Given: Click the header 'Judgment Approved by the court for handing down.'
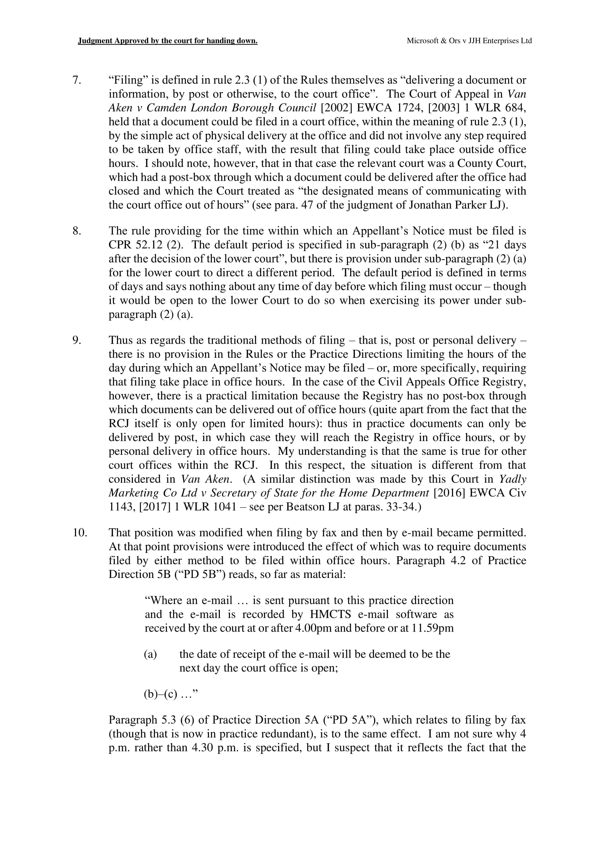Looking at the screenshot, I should click(x=167, y=41).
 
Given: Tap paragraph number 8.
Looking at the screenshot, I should click(x=76, y=231).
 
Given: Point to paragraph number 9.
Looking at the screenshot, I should click(x=76, y=340).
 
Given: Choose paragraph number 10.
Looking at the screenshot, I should click(x=80, y=533).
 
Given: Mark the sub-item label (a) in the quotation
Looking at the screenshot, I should click(x=150, y=654).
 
